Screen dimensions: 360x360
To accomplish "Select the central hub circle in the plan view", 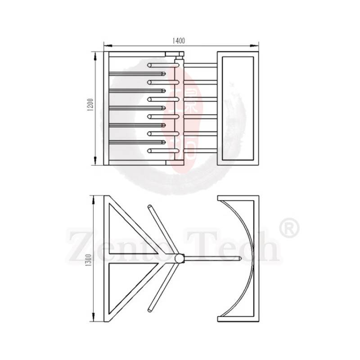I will [179, 258].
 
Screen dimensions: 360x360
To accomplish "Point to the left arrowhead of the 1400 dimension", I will [107, 45].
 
